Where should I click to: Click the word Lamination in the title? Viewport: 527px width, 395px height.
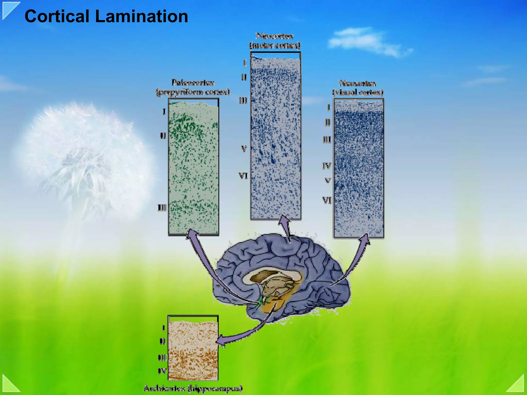point(142,16)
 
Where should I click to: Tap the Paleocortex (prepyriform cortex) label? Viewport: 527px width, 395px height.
point(193,87)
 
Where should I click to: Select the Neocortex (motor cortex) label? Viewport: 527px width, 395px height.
point(275,40)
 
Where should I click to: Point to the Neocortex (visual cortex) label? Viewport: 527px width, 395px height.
point(357,88)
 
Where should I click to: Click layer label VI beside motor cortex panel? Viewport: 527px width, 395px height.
point(243,176)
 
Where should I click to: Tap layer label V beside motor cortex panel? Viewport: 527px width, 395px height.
point(244,149)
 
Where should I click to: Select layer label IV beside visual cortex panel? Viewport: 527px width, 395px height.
point(327,166)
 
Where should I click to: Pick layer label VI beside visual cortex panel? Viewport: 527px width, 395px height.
point(327,200)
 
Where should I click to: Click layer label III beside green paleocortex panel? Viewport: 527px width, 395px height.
point(162,207)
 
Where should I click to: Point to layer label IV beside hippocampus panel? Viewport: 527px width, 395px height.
point(162,371)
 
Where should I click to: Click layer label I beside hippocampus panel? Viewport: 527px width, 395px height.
point(164,328)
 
